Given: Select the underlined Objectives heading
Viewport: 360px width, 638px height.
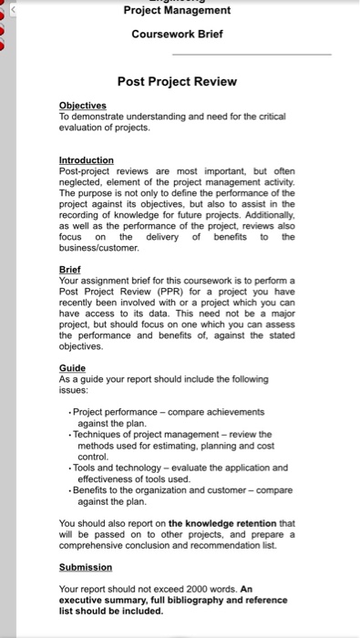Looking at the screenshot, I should point(83,106).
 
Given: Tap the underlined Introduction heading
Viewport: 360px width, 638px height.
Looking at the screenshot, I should point(86,159).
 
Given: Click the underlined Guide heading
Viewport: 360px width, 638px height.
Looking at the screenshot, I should point(72,368).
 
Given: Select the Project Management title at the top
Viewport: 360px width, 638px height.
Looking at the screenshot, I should point(177,11).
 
